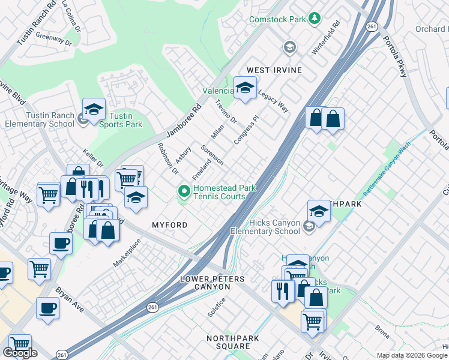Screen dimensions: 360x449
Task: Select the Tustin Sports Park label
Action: [126, 120]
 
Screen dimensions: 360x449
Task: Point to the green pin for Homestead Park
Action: [184, 192]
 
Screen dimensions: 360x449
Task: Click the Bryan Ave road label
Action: [70, 298]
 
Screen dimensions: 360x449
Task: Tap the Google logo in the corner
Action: [20, 353]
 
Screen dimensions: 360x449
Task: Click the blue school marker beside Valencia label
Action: [244, 89]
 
